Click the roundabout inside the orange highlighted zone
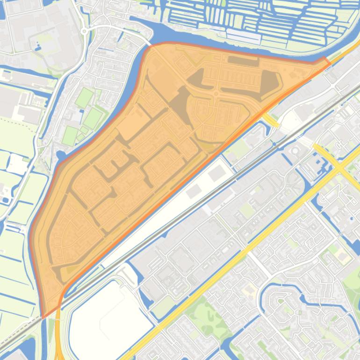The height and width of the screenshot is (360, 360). coord(216,94)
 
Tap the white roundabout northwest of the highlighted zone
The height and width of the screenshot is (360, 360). coord(85,31)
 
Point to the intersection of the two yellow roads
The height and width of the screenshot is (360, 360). coord(340,167)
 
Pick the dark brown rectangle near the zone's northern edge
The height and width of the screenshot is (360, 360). coord(243,61)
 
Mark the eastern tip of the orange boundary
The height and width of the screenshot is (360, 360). coord(329,61)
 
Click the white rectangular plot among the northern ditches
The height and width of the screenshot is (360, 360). coord(243,36)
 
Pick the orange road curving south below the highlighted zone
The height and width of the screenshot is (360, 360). coord(58,332)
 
